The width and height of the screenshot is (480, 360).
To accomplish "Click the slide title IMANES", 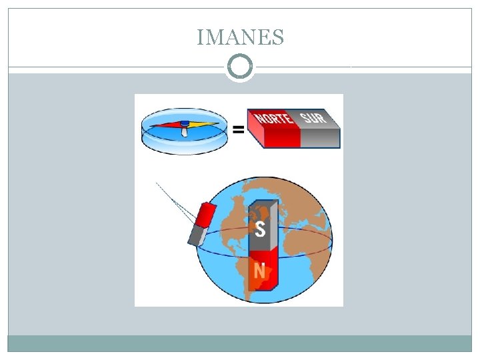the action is pyautogui.click(x=240, y=37).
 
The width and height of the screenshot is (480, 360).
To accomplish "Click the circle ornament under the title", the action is pyautogui.click(x=240, y=67).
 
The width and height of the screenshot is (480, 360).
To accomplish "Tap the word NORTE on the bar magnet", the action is pyautogui.click(x=273, y=119).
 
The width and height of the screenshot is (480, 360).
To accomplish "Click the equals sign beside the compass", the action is pyautogui.click(x=237, y=131).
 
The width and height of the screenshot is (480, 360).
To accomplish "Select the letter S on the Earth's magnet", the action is pyautogui.click(x=260, y=229).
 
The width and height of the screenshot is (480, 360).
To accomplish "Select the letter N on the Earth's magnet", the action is pyautogui.click(x=259, y=271).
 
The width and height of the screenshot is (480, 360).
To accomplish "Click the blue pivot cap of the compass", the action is pyautogui.click(x=184, y=123).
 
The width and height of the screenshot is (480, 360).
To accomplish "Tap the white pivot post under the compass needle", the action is pyautogui.click(x=184, y=132).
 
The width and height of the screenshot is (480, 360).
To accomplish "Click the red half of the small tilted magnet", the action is pyautogui.click(x=206, y=213).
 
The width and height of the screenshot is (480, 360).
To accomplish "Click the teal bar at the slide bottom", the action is pyautogui.click(x=240, y=343).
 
